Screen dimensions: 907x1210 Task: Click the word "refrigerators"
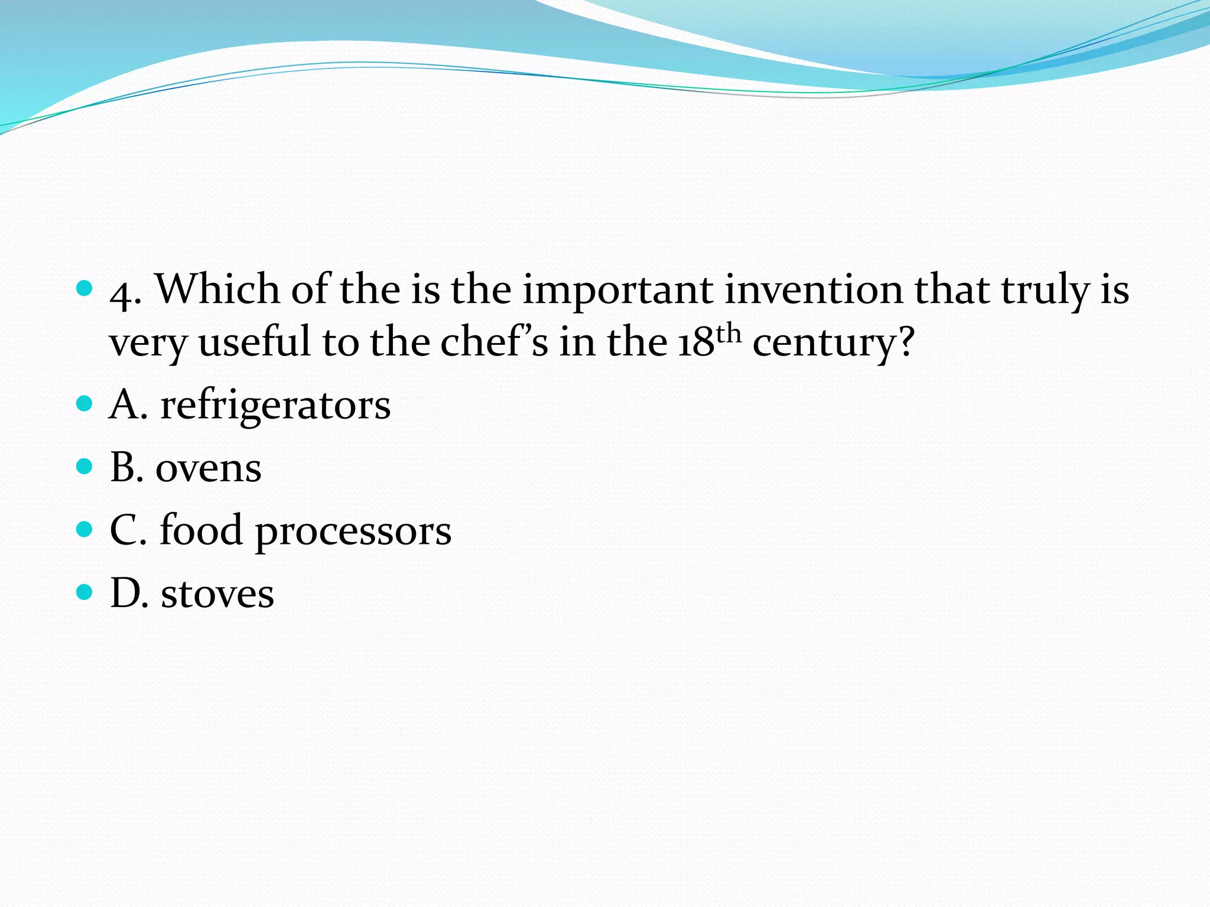point(275,406)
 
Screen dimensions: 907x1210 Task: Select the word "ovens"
point(208,469)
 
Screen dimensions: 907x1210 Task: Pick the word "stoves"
point(217,594)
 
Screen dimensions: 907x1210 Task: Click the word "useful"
point(255,342)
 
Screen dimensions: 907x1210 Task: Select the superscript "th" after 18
point(728,333)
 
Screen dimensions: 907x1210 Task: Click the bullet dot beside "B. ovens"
point(85,466)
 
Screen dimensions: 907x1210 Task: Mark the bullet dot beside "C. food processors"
point(85,528)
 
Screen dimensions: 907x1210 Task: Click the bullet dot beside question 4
point(85,288)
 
